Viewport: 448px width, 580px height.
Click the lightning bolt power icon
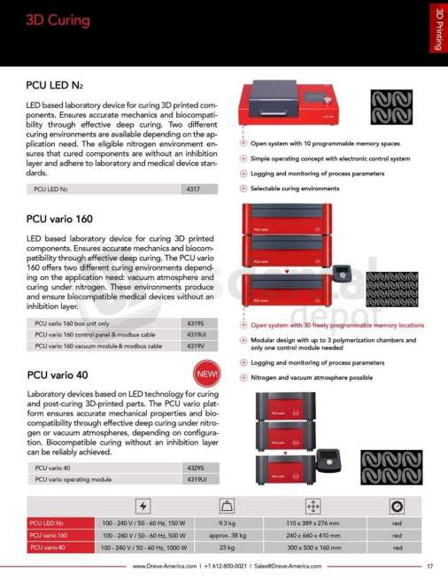(143, 507)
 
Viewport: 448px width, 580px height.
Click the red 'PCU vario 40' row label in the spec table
(49, 547)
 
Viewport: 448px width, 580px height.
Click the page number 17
(429, 567)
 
